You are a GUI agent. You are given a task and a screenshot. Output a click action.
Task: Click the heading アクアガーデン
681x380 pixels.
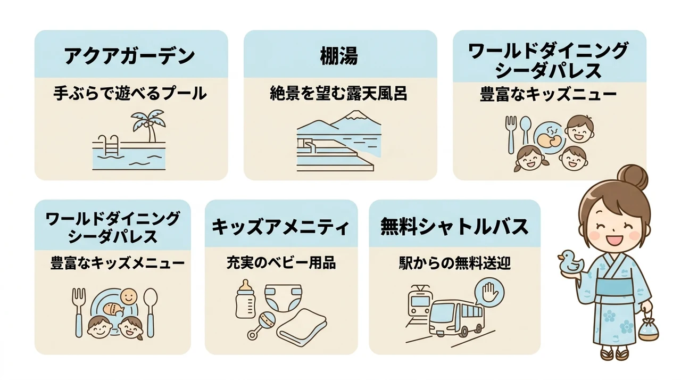[x=130, y=56]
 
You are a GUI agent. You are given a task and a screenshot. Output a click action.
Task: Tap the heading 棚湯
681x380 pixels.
[x=339, y=56]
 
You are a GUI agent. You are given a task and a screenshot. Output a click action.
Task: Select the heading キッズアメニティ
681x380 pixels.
[x=280, y=227]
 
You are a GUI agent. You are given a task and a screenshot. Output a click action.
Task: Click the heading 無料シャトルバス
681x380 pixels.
[x=454, y=227]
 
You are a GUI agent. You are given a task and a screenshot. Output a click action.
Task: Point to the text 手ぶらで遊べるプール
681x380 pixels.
[x=130, y=93]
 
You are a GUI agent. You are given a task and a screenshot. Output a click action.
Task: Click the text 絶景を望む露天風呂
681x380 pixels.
[x=339, y=93]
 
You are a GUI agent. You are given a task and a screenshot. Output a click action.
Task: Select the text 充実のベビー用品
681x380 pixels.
[x=281, y=263]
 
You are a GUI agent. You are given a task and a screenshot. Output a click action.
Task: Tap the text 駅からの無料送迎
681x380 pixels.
[x=455, y=263]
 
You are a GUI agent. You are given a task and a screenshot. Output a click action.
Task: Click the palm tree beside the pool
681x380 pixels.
[x=148, y=125]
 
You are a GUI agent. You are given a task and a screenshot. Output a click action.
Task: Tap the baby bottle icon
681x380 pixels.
[x=245, y=299]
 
